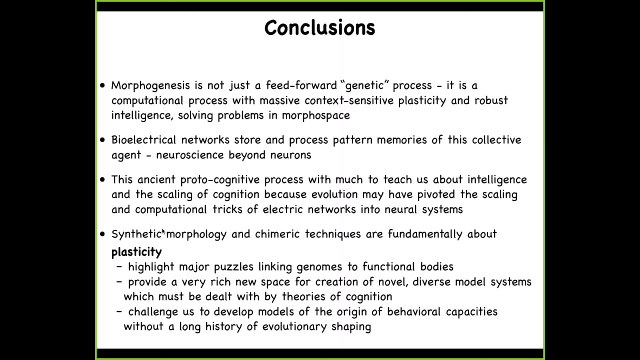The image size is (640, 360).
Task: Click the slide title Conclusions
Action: tap(319, 27)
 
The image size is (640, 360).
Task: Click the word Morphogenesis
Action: tap(150, 85)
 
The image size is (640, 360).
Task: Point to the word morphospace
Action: tap(315, 115)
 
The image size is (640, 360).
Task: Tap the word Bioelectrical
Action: tap(143, 140)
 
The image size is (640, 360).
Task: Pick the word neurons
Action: tap(290, 155)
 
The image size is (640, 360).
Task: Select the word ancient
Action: tap(156, 179)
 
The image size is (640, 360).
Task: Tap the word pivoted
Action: tap(436, 195)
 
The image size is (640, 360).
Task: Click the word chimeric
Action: tap(277, 234)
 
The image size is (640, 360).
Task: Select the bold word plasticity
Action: tap(136, 252)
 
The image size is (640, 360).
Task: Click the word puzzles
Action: tap(233, 267)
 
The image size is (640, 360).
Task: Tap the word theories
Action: tap(303, 296)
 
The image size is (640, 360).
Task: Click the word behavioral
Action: tap(413, 311)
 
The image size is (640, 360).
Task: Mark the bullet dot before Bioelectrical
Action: tap(102, 140)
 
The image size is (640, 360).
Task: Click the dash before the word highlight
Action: tap(119, 266)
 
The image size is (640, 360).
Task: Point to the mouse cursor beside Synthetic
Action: tap(163, 231)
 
